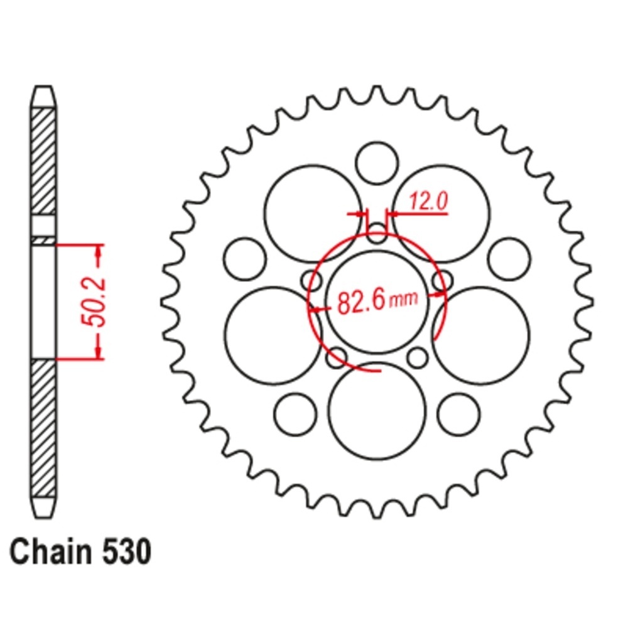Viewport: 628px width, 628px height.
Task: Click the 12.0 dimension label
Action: [428, 201]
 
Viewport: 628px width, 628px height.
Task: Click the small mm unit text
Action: [403, 299]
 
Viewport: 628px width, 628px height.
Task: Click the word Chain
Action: [50, 551]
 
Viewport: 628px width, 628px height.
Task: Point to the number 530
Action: [127, 551]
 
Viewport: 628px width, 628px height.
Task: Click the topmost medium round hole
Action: [377, 163]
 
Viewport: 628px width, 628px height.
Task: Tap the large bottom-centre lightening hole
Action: [376, 411]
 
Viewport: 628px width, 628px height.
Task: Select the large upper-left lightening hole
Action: [313, 214]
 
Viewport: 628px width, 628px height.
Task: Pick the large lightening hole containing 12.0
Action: [441, 214]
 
